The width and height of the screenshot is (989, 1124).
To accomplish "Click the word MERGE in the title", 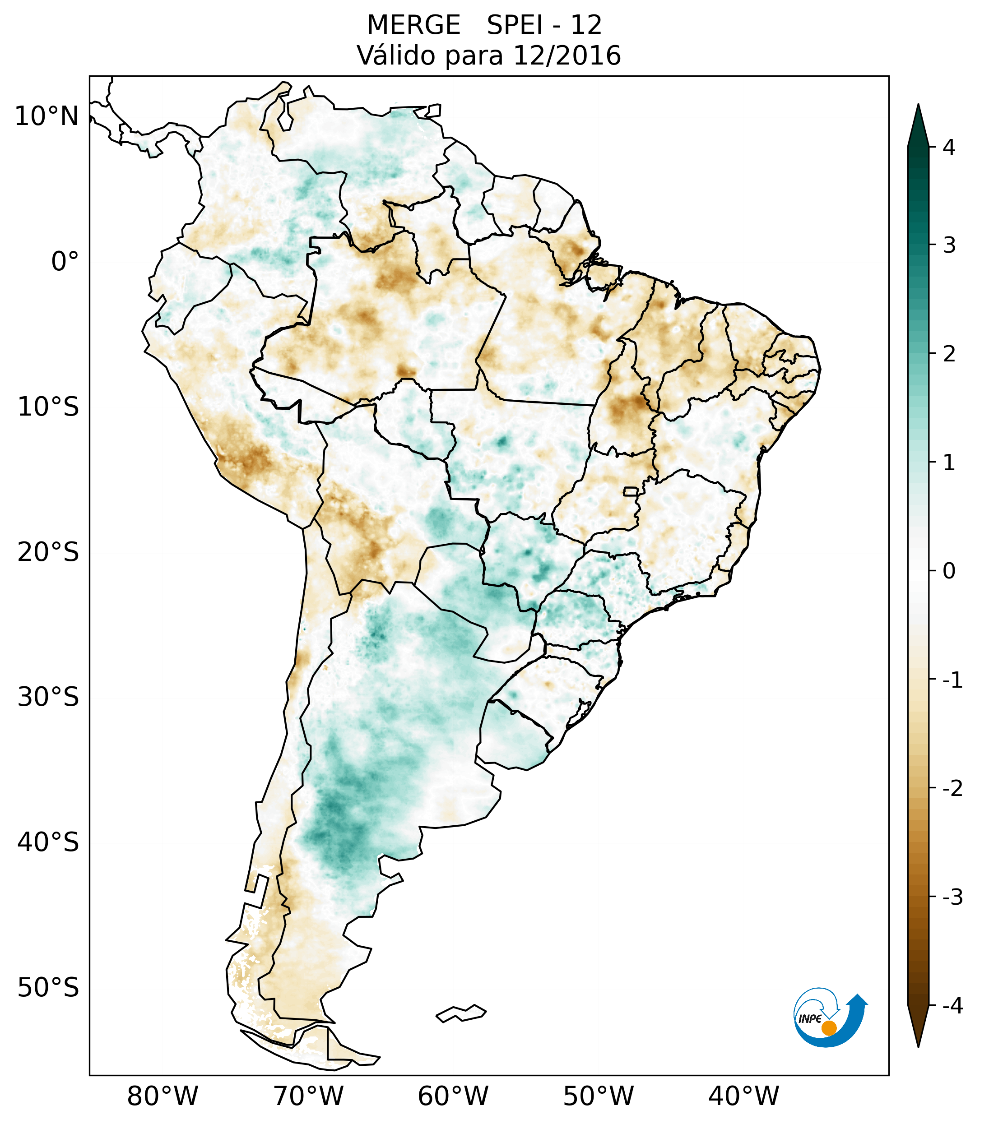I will click(x=413, y=25).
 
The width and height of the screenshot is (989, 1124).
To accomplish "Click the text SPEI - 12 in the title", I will click(x=544, y=25).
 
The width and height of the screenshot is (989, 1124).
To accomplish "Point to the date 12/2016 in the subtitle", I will click(x=566, y=56).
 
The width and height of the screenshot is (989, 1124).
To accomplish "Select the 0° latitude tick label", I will click(x=65, y=262).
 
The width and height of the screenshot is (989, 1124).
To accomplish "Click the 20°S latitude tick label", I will click(x=48, y=552).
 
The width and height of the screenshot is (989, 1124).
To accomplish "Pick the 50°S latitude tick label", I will click(x=48, y=988).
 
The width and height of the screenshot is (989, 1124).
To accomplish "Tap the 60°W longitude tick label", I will click(x=453, y=1096).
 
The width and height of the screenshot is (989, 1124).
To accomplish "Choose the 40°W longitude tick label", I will click(x=744, y=1096).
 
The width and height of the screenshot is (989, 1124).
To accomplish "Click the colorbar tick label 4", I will click(x=949, y=148).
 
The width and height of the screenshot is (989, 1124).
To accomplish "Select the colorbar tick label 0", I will click(x=949, y=571).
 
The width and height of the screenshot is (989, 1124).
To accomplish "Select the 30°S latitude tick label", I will click(x=48, y=697).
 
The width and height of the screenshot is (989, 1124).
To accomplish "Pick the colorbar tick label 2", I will click(x=949, y=354).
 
